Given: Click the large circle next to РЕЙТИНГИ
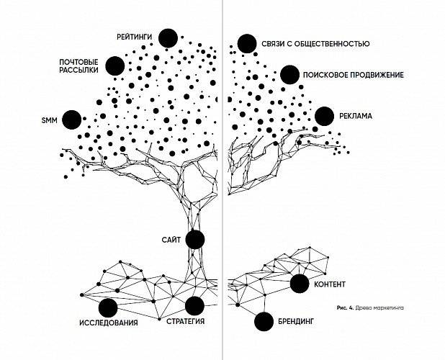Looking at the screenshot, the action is tap(168, 38).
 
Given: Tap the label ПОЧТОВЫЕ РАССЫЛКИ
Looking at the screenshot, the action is tap(78, 66).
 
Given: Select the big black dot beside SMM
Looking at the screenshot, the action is tap(72, 120).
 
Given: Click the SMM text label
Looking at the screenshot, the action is tap(50, 120).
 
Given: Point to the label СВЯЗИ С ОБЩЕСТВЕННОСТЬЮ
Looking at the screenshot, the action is tap(315, 44).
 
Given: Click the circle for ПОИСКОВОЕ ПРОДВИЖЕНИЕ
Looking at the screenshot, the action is tap(289, 75).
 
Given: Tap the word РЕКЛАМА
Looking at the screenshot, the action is tap(356, 116).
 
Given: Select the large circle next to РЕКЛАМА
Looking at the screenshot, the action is tap(324, 117).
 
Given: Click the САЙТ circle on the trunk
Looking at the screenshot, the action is tap(195, 240).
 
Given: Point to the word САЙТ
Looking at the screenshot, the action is tap(171, 240).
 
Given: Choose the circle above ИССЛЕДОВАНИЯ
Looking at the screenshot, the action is tap(108, 308).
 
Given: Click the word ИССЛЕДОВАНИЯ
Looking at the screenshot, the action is tap(109, 323).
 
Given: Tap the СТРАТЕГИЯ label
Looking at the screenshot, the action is tap(185, 321).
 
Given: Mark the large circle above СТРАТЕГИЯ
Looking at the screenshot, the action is tap(194, 306).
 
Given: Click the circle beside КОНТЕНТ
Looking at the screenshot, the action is tap(300, 284).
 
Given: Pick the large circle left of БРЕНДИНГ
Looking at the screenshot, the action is tap(264, 321).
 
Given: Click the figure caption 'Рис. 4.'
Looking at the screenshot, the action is tap(345, 308).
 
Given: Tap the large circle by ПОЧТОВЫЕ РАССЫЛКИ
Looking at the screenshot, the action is tap(115, 66).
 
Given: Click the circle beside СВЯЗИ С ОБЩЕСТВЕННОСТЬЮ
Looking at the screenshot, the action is tap(247, 44).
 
